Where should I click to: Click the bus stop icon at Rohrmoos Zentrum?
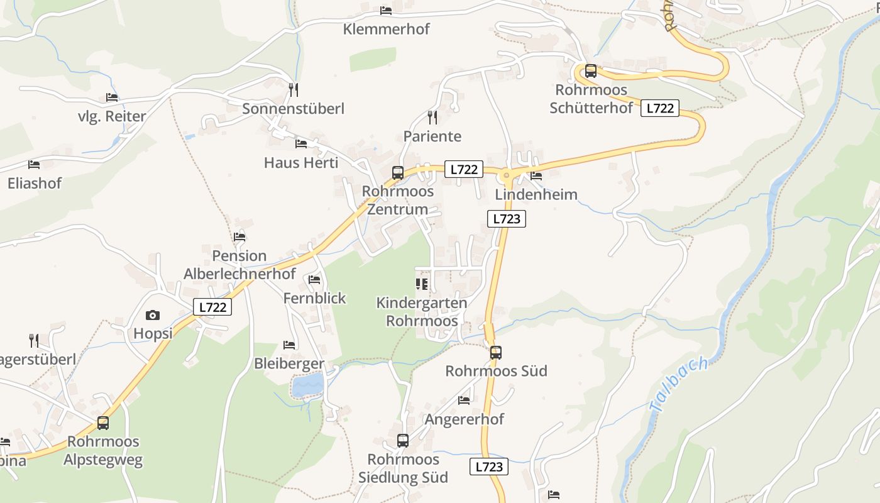coord(398,173)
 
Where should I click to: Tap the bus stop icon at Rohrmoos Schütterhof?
coord(590,71)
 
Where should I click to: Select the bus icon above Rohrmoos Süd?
coord(496,353)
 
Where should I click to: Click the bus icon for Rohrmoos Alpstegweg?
coord(103,423)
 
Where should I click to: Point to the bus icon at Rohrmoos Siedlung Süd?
coord(403,441)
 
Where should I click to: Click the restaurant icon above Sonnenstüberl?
coord(293,90)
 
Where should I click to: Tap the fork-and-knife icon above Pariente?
coord(432,118)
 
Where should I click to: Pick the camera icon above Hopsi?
coord(153,315)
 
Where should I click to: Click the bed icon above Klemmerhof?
coord(386,11)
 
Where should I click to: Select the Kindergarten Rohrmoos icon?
coord(422,284)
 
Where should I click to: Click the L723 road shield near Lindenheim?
coord(506,219)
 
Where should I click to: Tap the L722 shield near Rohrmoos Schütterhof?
coord(660,108)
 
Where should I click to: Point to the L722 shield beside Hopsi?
coord(212,307)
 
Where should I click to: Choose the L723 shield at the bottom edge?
coord(488,467)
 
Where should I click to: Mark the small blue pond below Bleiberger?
coord(307,384)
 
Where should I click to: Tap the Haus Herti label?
coord(301,163)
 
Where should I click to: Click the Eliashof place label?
coord(35,184)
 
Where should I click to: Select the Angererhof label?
coord(465,419)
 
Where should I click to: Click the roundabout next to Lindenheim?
coord(507,174)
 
